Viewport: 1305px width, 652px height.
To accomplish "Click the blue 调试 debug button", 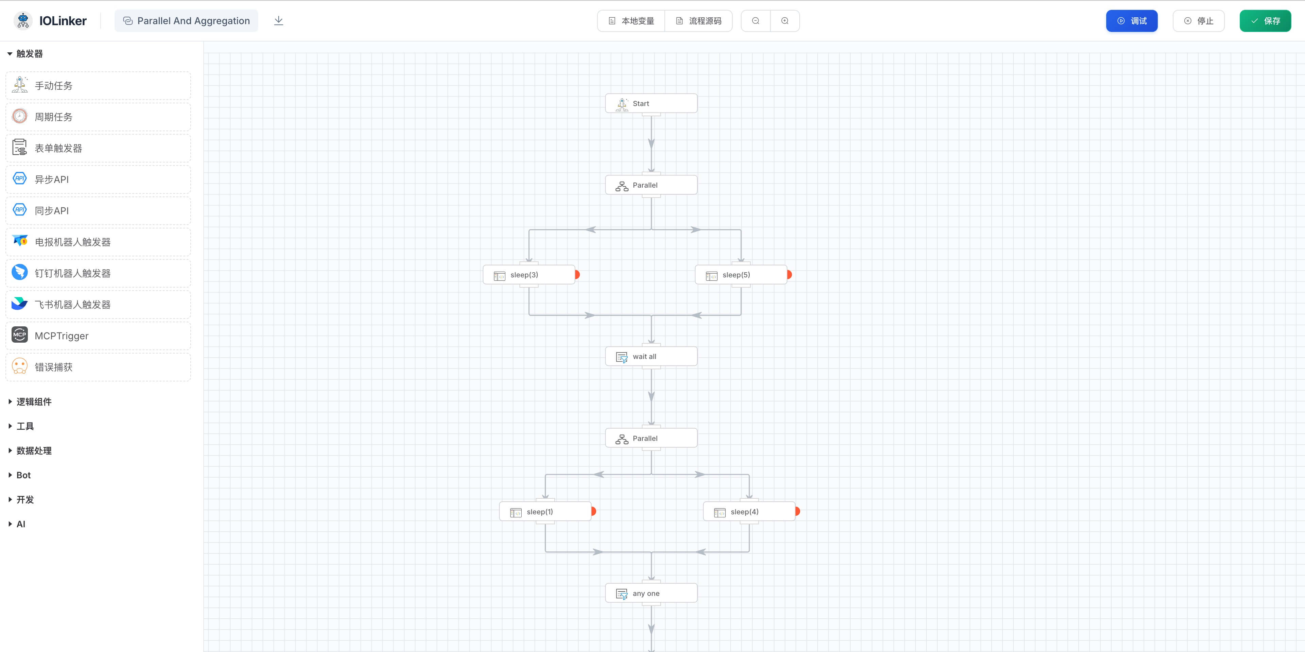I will pyautogui.click(x=1131, y=21).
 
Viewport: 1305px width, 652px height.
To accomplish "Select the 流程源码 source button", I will pyautogui.click(x=699, y=21).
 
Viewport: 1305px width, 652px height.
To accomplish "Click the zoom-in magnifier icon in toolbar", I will pyautogui.click(x=785, y=21).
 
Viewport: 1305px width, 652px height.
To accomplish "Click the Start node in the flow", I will pyautogui.click(x=651, y=103).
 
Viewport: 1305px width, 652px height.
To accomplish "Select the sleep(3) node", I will pyautogui.click(x=528, y=275).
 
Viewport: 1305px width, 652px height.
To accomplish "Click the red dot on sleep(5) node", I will pyautogui.click(x=789, y=275).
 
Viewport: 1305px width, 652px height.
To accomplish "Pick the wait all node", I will pyautogui.click(x=651, y=356).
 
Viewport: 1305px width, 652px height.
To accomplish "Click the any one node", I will pyautogui.click(x=651, y=593).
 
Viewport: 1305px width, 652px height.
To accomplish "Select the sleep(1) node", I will pyautogui.click(x=544, y=512).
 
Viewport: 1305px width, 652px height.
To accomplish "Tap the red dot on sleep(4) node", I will pyautogui.click(x=797, y=512).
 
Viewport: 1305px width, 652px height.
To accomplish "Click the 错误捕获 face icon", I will pyautogui.click(x=20, y=366).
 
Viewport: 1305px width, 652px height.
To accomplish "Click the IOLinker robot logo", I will pyautogui.click(x=23, y=21).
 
